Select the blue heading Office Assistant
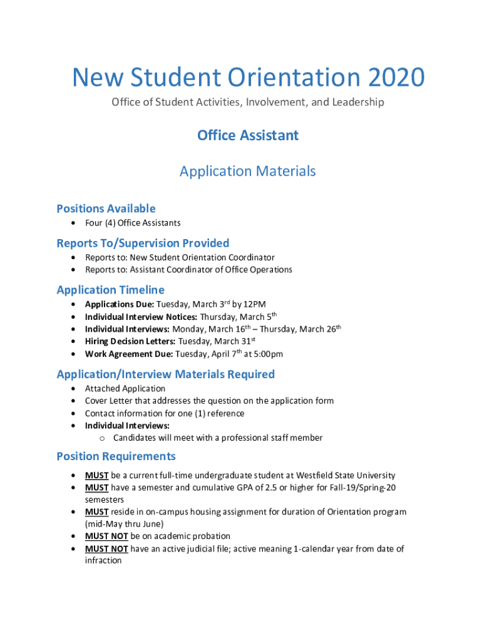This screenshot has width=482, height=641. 248,135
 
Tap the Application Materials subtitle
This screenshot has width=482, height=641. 248,171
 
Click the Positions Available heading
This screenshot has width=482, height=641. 106,208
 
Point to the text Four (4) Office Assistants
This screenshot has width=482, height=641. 133,223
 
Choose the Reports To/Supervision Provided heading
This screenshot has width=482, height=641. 143,243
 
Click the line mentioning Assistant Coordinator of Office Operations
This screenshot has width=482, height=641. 188,270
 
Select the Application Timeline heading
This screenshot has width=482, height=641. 110,290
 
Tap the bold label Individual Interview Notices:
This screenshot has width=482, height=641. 141,317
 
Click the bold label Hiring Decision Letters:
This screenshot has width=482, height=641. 130,342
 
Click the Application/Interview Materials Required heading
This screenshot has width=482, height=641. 165,374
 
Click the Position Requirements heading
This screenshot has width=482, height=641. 116,456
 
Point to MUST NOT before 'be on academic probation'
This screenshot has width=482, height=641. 106,536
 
